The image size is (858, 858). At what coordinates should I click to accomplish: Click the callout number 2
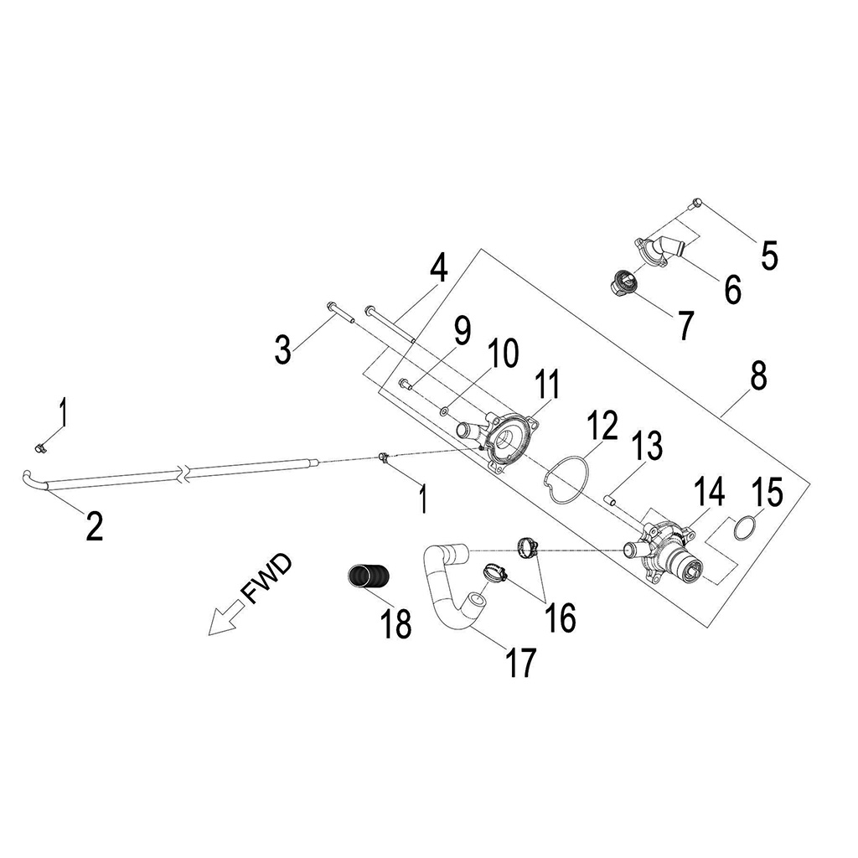click(94, 525)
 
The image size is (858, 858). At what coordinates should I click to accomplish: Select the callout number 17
click(519, 661)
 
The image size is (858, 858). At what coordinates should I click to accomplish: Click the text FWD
click(266, 578)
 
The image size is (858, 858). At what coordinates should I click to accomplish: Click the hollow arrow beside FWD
click(225, 621)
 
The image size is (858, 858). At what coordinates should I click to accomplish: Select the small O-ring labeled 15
click(743, 530)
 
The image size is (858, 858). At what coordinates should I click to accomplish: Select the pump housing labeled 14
click(666, 554)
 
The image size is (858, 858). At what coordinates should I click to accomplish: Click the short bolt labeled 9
click(404, 384)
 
